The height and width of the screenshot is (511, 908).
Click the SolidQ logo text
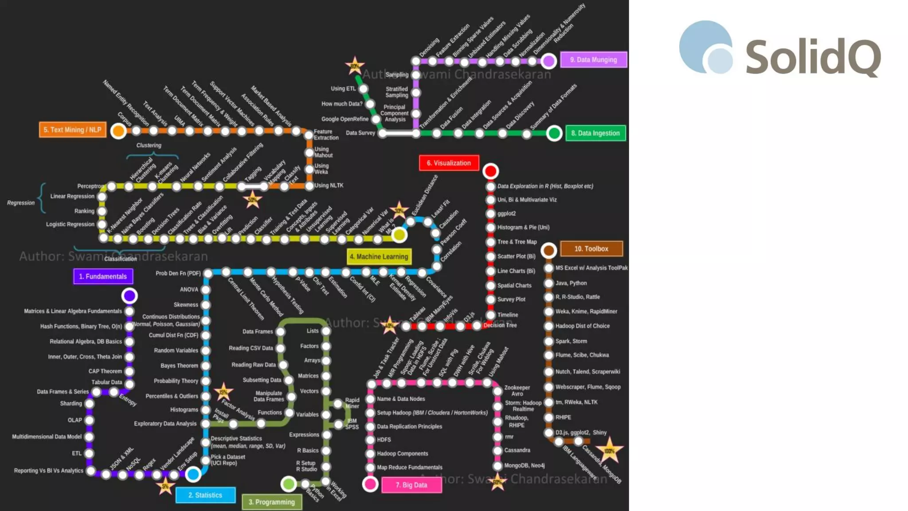(x=813, y=57)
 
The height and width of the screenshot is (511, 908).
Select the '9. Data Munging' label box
(x=594, y=59)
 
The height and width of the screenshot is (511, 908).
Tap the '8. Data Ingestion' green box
(x=595, y=133)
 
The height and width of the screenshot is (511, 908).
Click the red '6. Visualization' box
(x=449, y=163)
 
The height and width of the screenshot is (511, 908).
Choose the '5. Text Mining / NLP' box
(x=73, y=130)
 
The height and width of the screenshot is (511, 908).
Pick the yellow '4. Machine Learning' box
(x=379, y=256)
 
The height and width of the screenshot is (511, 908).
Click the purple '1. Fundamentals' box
(x=103, y=276)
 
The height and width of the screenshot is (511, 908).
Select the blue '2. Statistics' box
(x=205, y=495)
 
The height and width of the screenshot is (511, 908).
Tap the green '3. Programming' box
(x=272, y=502)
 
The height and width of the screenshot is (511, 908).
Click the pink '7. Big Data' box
(x=411, y=485)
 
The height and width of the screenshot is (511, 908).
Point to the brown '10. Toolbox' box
(x=591, y=249)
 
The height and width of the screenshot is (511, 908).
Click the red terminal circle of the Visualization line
(x=490, y=171)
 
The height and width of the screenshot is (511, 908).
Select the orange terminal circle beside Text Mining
(x=118, y=131)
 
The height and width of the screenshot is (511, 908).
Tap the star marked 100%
(x=609, y=451)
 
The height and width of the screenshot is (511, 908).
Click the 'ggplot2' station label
(x=506, y=213)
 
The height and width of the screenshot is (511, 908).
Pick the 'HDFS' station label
(x=384, y=440)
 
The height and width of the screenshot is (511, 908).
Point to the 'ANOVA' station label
(x=189, y=289)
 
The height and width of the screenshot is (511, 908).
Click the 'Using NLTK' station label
(x=329, y=185)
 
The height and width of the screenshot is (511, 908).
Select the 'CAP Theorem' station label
(x=105, y=371)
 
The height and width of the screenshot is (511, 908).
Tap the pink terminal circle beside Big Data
(x=370, y=484)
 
